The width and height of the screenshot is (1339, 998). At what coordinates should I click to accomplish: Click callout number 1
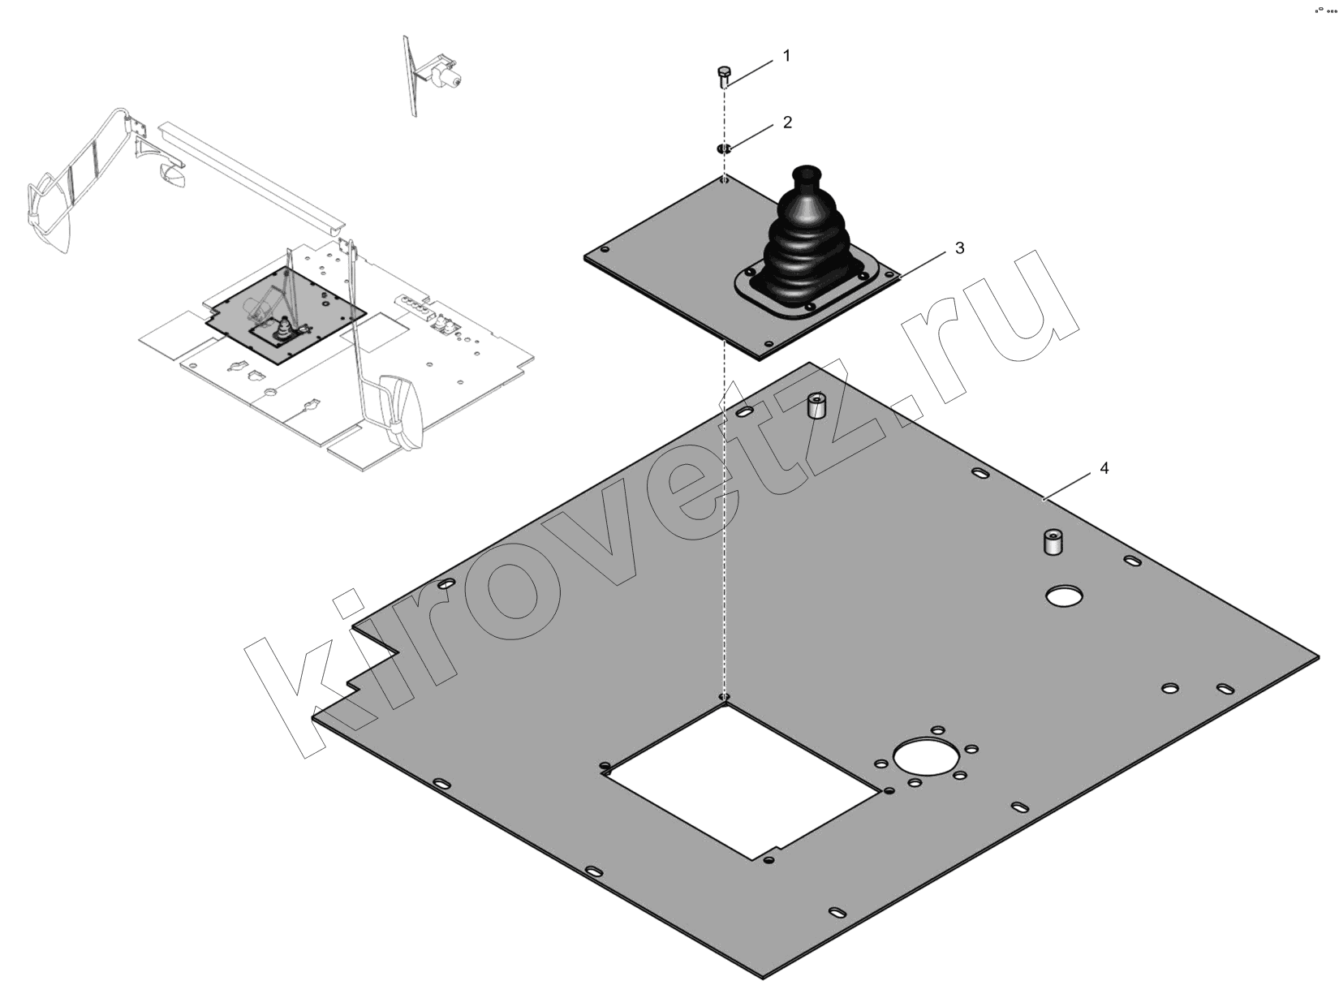pyautogui.click(x=786, y=56)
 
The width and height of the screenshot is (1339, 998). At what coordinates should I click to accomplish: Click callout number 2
pyautogui.click(x=787, y=123)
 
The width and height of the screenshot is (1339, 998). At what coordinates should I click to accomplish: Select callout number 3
pyautogui.click(x=959, y=248)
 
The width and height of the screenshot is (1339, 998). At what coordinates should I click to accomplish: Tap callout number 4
pyautogui.click(x=1104, y=468)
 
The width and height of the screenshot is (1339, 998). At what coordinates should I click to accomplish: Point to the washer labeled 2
pyautogui.click(x=724, y=148)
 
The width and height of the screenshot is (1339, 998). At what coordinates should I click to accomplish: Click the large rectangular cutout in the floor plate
pyautogui.click(x=740, y=781)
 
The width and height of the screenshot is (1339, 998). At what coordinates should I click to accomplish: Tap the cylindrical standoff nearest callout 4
pyautogui.click(x=1050, y=542)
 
